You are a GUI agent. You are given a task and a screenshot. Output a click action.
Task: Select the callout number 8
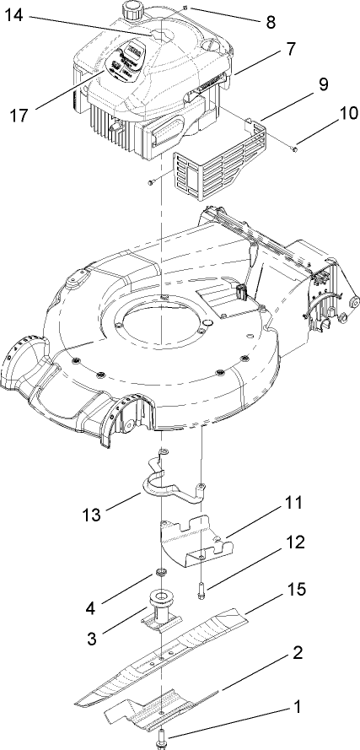pos(270,23)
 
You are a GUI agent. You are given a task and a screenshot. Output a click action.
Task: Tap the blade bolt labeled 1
pos(161,741)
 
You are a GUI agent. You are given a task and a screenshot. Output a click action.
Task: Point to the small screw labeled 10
pos(292,149)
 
